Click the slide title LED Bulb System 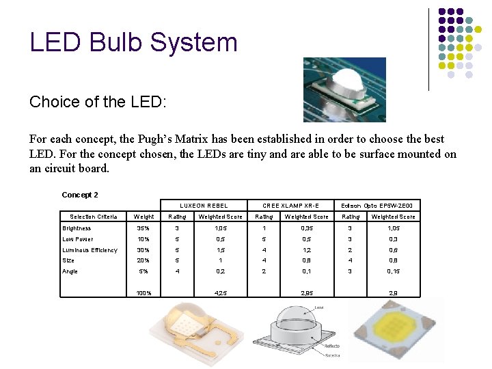(133, 42)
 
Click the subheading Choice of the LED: (98, 102)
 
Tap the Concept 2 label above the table (80, 195)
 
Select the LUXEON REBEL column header (204, 206)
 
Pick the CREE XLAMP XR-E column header (290, 206)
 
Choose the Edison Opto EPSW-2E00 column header (377, 206)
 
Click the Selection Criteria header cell (94, 217)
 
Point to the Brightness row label (77, 228)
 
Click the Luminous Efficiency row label (90, 250)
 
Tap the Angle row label (70, 271)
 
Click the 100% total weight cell (143, 293)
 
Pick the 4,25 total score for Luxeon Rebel (220, 293)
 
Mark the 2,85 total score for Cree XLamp (306, 293)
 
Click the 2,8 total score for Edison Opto (393, 293)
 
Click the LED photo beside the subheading (344, 90)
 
